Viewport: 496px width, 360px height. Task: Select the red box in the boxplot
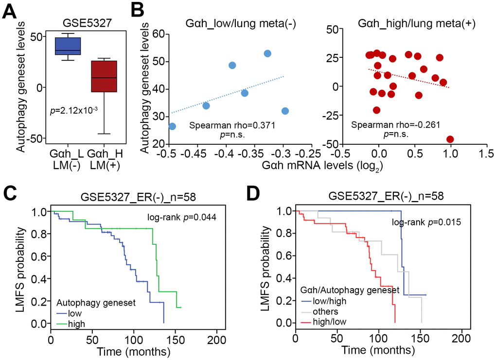point(104,76)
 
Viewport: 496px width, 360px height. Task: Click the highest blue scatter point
point(267,53)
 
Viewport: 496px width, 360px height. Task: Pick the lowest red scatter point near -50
point(450,139)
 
